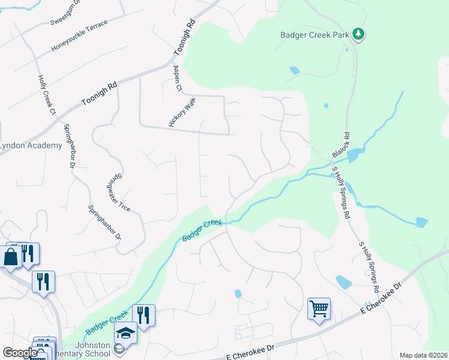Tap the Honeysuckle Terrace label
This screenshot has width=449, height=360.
coord(79,36)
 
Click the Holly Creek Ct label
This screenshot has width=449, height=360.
coord(46,95)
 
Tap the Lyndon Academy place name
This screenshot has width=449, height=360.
coord(30,146)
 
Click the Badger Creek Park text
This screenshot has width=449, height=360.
coord(315,35)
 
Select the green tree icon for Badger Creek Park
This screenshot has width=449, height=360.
coord(358,34)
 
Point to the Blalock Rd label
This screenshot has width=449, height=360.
coord(340,146)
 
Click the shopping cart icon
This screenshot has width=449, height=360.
coord(319,309)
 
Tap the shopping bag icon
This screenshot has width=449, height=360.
coord(11,257)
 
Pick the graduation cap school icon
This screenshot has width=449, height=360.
coord(126,332)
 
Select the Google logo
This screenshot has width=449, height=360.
coord(19,353)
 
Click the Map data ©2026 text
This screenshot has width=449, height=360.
coord(423,355)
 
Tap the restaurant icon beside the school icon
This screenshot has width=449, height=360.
coord(143,315)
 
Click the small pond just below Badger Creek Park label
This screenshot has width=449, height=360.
coord(294,70)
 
